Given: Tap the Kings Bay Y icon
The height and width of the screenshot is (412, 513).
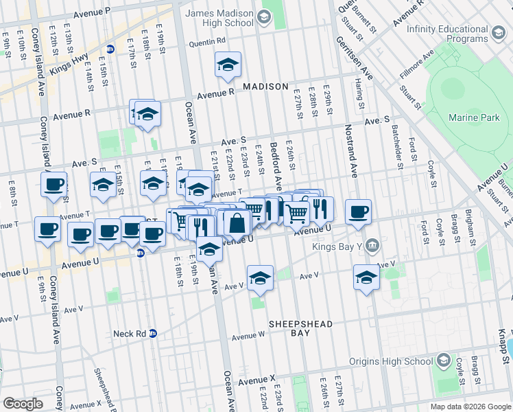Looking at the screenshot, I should [372, 244].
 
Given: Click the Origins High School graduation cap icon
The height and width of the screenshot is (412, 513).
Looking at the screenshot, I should [444, 361].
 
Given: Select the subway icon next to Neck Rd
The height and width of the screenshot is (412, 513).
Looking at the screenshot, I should [154, 334].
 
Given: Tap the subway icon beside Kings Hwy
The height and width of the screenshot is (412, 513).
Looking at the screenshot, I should [110, 49].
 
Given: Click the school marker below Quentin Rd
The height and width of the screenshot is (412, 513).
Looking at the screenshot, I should [228, 66].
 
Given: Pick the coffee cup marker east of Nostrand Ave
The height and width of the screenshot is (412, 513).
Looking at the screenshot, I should [357, 212].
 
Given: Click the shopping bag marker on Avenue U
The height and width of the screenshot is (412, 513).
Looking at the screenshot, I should [237, 223].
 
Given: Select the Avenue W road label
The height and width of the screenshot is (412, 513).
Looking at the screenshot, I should [248, 336].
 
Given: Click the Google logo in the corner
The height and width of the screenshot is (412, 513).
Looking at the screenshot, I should [23, 404].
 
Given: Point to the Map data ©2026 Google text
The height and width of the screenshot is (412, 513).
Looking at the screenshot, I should [470, 407].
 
